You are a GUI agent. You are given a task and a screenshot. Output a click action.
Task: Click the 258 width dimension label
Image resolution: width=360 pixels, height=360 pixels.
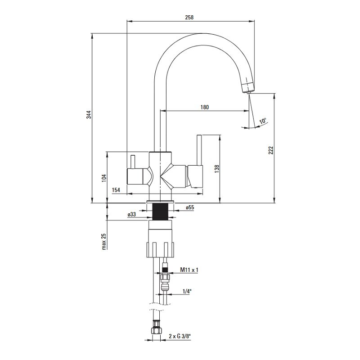189,17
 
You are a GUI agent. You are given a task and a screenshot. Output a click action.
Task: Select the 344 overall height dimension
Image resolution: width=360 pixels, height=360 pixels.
89,115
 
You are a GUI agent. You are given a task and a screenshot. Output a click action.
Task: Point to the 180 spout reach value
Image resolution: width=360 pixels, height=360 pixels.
205,107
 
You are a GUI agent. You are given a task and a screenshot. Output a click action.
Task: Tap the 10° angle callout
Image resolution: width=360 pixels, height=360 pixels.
263,121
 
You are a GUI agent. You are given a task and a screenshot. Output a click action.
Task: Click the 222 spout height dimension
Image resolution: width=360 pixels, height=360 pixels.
271,150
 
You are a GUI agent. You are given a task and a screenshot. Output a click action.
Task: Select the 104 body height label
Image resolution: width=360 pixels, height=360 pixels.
104,178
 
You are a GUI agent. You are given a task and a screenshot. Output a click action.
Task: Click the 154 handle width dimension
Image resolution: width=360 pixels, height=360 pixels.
116,190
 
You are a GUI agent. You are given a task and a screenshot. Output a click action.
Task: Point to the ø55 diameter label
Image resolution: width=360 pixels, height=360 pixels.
190,207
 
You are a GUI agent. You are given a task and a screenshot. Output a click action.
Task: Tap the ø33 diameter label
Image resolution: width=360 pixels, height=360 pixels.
132,215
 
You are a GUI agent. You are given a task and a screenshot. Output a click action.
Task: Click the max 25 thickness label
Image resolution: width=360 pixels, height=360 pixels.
104,242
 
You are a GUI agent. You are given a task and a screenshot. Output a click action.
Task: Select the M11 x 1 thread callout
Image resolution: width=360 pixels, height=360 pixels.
189,270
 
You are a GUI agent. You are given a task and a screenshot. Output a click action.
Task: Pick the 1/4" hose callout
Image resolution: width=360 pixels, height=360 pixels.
187,291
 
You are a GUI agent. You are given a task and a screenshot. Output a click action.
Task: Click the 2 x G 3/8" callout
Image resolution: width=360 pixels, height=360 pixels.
180,336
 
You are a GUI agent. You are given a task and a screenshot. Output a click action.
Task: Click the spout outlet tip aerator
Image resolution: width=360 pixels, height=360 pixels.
247,87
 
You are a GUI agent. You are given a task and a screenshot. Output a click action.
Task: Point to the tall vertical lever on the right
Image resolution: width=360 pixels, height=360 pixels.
199,150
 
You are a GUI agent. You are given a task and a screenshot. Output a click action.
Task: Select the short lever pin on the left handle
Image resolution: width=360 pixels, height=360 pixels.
132,162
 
